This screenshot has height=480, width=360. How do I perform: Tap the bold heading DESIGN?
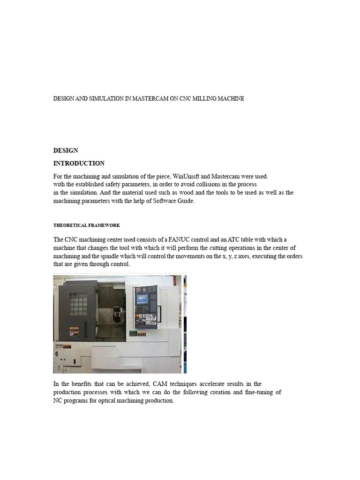(66, 150)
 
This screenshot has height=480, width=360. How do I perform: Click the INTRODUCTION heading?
(79, 164)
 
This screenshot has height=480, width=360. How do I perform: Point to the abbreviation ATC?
(234, 240)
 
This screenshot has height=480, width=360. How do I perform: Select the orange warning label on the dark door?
(73, 330)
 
